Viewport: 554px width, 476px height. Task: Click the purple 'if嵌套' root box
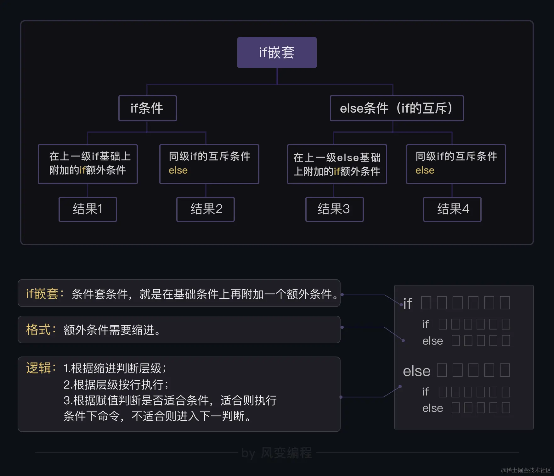tap(277, 53)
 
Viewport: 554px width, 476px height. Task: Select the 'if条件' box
tap(147, 108)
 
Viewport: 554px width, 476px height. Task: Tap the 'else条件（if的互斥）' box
tap(396, 108)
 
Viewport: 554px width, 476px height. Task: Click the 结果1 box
tap(88, 209)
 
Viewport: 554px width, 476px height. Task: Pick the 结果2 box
tap(206, 209)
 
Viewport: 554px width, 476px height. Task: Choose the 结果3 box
tap(334, 209)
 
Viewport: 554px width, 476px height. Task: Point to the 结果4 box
tap(452, 209)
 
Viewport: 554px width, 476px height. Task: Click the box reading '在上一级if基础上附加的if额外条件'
tap(88, 164)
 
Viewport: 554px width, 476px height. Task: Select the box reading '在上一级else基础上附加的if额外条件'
tap(337, 164)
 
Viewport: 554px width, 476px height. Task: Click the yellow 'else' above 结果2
tap(178, 170)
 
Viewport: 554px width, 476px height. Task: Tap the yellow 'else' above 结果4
tap(425, 170)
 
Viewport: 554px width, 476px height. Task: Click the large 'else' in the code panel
tap(416, 371)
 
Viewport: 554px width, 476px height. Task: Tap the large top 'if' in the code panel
tap(408, 303)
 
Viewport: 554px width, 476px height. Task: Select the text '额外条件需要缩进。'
tap(112, 330)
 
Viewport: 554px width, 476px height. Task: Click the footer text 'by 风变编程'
tap(276, 453)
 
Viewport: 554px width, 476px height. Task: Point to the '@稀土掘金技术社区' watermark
tap(526, 470)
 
